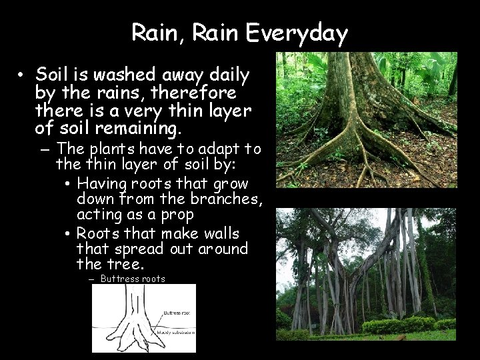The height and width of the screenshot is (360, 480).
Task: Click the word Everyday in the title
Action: (x=306, y=33)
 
